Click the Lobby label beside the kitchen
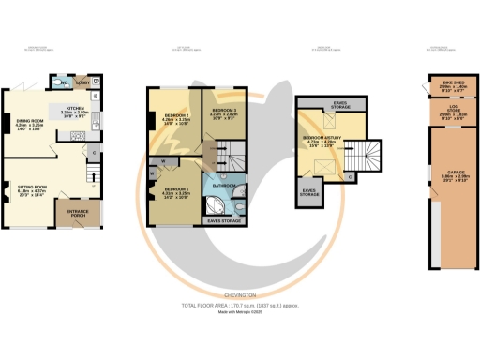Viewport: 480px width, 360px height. pos(82,80)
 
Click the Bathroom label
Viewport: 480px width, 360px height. pos(223,186)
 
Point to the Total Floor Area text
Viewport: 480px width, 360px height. pos(239,307)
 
